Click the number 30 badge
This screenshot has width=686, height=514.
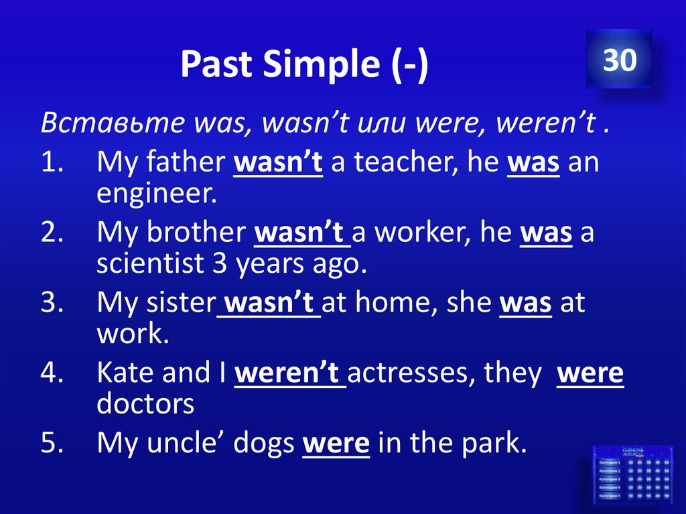pos(618,60)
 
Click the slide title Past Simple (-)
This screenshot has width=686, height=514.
pos(303,65)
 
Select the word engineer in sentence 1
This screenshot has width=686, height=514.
pos(157,194)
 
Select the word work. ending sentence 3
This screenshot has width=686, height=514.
pos(132,333)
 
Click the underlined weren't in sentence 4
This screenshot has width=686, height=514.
pos(289,373)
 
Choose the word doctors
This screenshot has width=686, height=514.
pos(145,403)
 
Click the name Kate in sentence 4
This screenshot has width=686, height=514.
pos(125,373)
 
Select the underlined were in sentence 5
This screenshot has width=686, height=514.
pos(336,443)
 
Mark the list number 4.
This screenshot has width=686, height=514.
pos(50,373)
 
